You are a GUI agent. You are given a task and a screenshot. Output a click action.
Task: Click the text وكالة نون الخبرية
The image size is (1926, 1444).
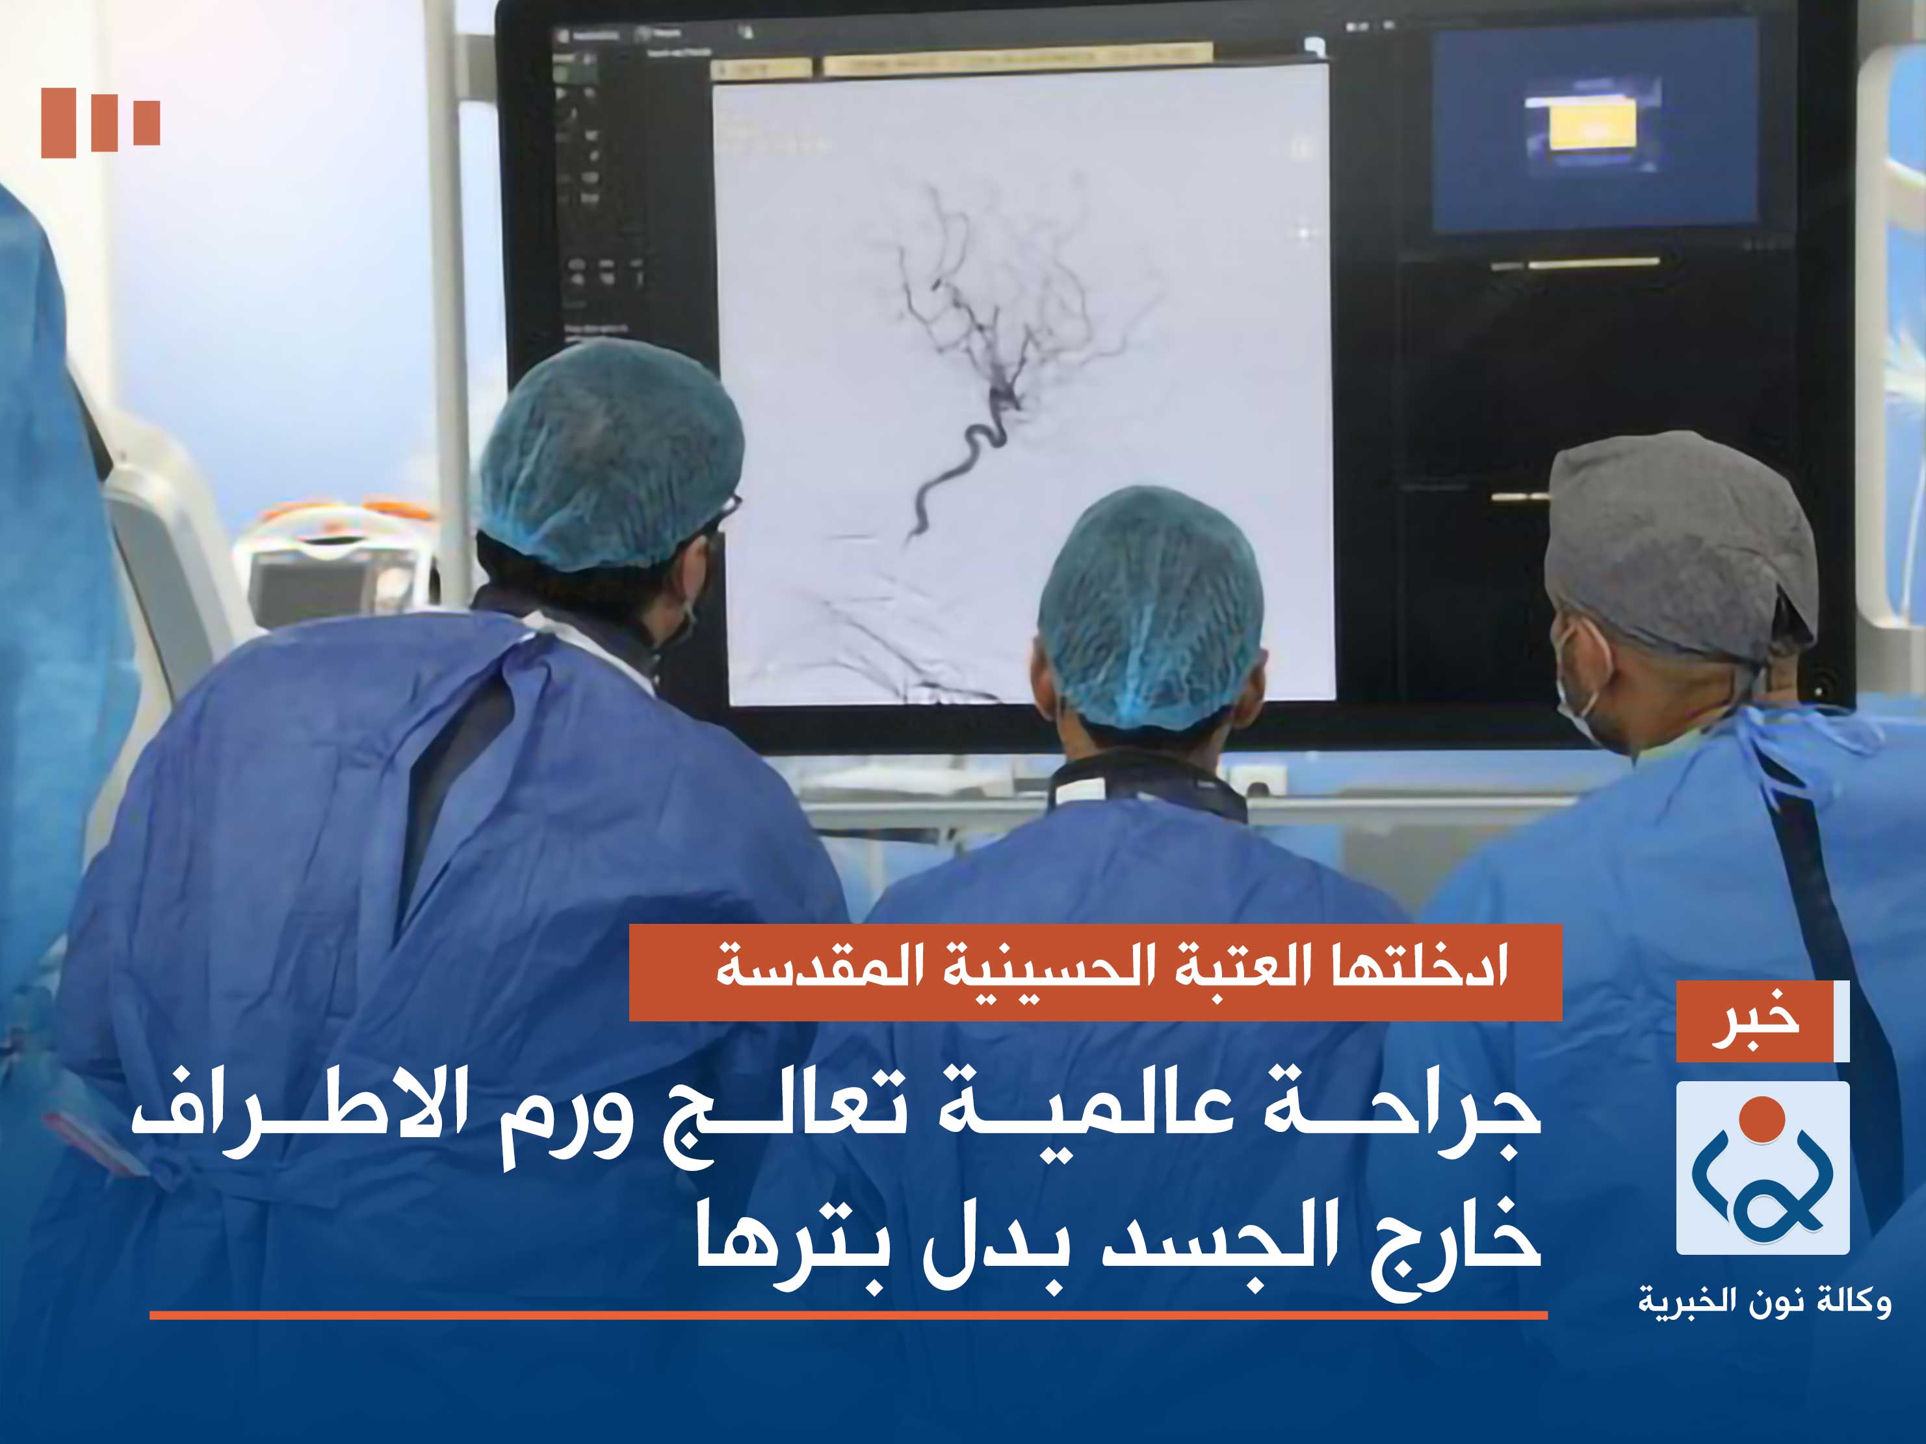1764,1303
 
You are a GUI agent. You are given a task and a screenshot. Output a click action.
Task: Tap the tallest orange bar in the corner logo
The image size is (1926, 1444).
59,122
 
